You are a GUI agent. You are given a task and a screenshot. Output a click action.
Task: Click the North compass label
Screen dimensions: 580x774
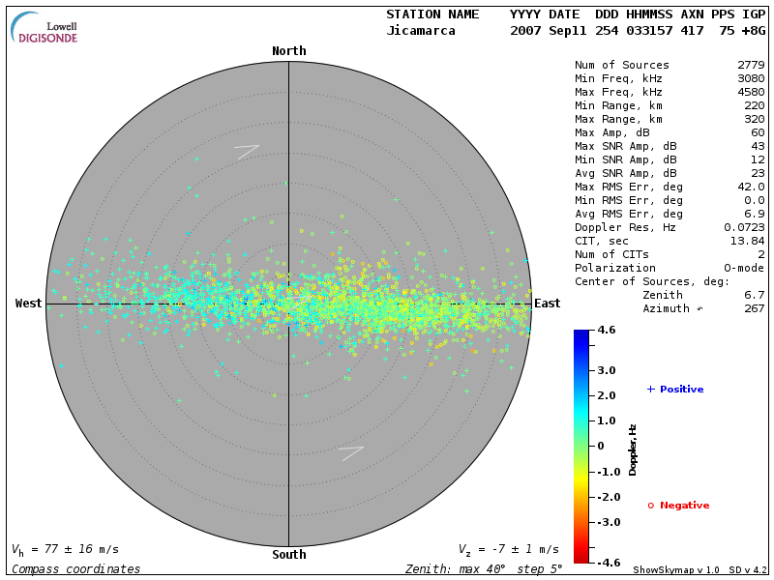pos(288,51)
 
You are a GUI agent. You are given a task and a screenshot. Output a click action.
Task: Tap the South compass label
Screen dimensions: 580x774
pos(288,555)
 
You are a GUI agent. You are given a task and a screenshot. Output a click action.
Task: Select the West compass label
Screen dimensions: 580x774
pos(29,304)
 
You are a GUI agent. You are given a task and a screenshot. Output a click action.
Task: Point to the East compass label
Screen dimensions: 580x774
pos(547,304)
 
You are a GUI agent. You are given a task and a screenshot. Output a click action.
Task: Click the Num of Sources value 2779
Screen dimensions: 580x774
pos(750,65)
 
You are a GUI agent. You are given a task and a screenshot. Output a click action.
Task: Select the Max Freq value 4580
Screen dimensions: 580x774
pos(750,92)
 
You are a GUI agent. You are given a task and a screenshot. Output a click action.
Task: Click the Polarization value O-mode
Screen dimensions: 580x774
pos(743,268)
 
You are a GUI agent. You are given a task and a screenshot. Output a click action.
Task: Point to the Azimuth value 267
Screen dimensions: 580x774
pos(754,308)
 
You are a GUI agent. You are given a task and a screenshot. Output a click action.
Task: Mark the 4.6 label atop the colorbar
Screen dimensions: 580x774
pos(607,331)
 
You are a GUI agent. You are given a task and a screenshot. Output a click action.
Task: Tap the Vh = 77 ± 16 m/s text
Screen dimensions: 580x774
pos(66,549)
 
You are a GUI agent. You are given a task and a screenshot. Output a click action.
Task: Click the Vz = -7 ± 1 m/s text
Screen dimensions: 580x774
pos(508,549)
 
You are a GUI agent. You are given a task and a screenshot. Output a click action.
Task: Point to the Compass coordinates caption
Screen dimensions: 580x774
pos(75,569)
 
